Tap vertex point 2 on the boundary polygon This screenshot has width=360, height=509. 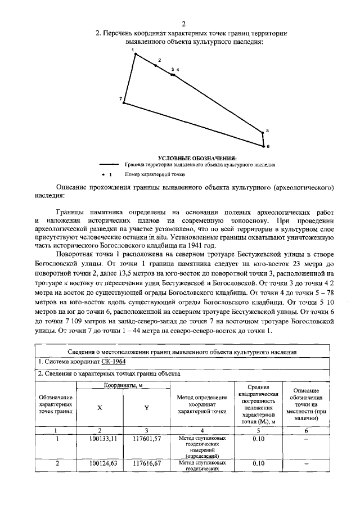(156, 66)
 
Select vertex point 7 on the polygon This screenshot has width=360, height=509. (124, 103)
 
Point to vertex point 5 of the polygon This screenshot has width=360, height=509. (262, 133)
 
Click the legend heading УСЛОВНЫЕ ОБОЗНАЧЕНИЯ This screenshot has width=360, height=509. (197, 157)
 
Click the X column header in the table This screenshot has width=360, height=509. (100, 407)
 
